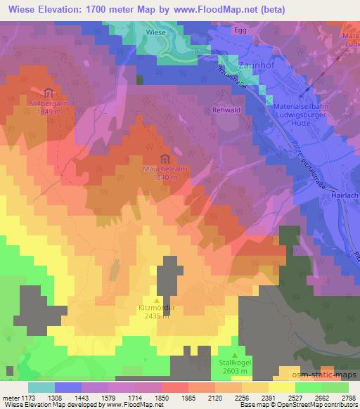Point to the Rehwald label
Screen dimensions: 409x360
pos(226,110)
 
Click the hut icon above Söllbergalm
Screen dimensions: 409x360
pos(48,93)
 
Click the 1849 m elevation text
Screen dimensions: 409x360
pos(48,113)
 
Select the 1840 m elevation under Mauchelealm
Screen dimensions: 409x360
pos(165,178)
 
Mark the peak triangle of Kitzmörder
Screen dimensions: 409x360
pos(156,299)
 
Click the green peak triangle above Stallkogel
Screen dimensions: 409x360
pos(234,355)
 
